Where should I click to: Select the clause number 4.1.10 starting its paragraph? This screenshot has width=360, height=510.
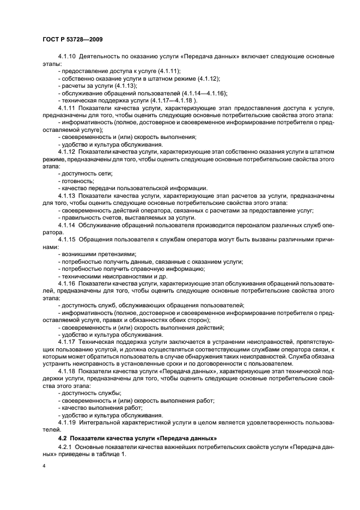point(67,57)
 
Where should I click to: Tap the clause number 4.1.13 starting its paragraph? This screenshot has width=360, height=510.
point(67,195)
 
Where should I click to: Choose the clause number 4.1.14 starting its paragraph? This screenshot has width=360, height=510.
point(67,223)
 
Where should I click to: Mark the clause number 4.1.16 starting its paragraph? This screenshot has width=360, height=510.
point(67,283)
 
